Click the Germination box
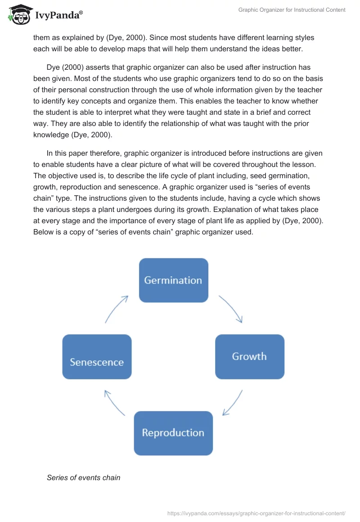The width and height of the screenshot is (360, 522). (173, 280)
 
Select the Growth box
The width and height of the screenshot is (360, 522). (249, 356)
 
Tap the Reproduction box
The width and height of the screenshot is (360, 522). (173, 433)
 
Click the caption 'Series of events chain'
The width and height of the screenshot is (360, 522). (83, 477)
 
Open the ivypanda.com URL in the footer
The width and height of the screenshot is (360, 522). (256, 513)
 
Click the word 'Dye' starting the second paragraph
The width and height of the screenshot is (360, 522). (54, 67)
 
